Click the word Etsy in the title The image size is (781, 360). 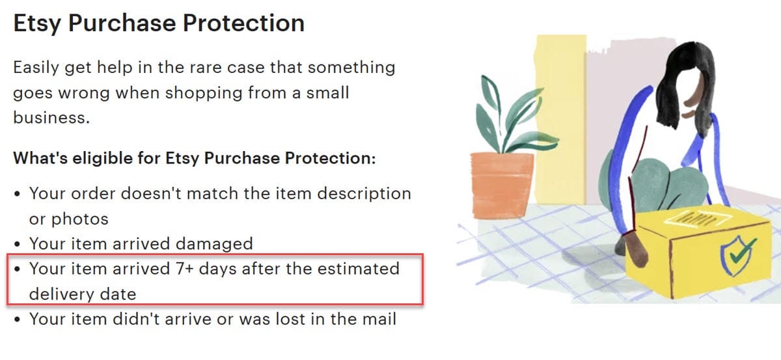[37, 23]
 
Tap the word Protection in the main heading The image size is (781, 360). [243, 23]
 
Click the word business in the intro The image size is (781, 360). [51, 118]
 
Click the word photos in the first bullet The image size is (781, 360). [80, 219]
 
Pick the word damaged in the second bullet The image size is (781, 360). [214, 243]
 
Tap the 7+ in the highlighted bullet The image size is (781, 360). [184, 269]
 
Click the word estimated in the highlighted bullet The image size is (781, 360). [359, 269]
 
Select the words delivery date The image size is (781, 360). [83, 294]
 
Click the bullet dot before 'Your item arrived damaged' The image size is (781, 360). [18, 243]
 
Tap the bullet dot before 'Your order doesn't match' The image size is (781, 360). [18, 193]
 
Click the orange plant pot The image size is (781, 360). [501, 185]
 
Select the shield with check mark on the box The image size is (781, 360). [736, 255]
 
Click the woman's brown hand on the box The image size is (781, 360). [635, 249]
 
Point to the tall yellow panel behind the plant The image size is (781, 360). [560, 118]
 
